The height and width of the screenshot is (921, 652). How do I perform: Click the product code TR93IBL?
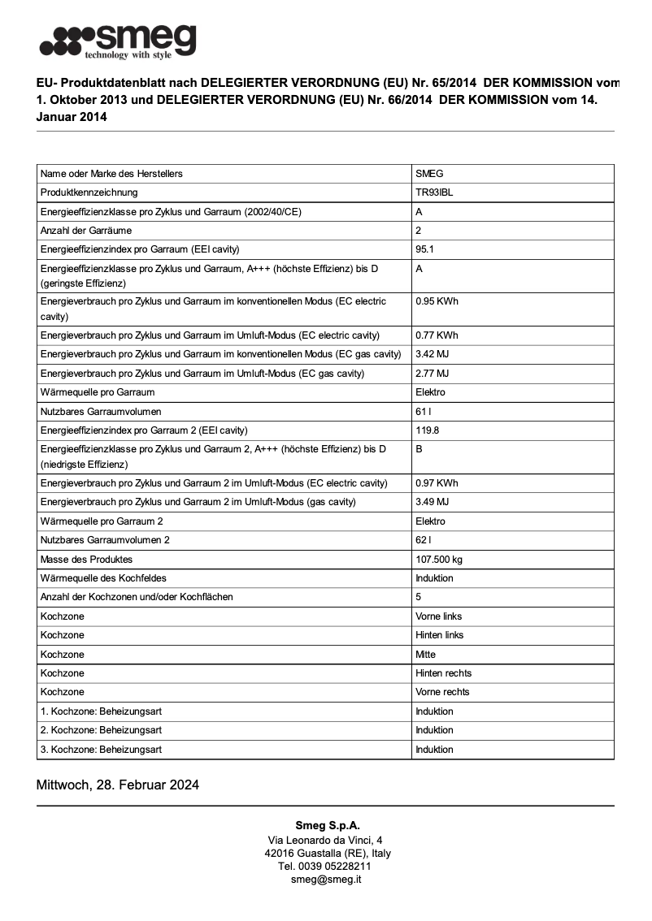coord(434,192)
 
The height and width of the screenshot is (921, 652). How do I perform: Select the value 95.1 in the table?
coord(424,249)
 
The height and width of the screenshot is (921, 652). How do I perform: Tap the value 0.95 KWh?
coord(437,301)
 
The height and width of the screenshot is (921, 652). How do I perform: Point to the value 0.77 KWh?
coord(437,335)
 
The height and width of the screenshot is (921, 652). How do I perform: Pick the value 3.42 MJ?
coord(432,354)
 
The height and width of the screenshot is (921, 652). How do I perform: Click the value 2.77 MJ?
coord(432,374)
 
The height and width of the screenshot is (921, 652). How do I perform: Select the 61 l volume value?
coord(423,412)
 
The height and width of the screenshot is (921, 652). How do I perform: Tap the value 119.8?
coord(427,430)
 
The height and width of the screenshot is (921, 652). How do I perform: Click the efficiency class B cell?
coord(419,449)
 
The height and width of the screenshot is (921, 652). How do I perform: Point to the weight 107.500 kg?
coord(439,560)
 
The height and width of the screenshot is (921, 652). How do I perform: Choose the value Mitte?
coord(425,655)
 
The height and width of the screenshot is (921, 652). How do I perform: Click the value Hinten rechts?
coord(443,673)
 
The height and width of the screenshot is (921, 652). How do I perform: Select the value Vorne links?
coord(438,616)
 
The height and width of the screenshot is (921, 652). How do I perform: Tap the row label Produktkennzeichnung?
coord(89,192)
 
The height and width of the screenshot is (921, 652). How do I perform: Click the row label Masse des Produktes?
coord(86,560)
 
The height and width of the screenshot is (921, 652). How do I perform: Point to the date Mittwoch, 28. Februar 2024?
coord(118,785)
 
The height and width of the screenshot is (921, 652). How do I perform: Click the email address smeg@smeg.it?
coord(326,880)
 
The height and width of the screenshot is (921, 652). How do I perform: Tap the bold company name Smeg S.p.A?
coord(327,826)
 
